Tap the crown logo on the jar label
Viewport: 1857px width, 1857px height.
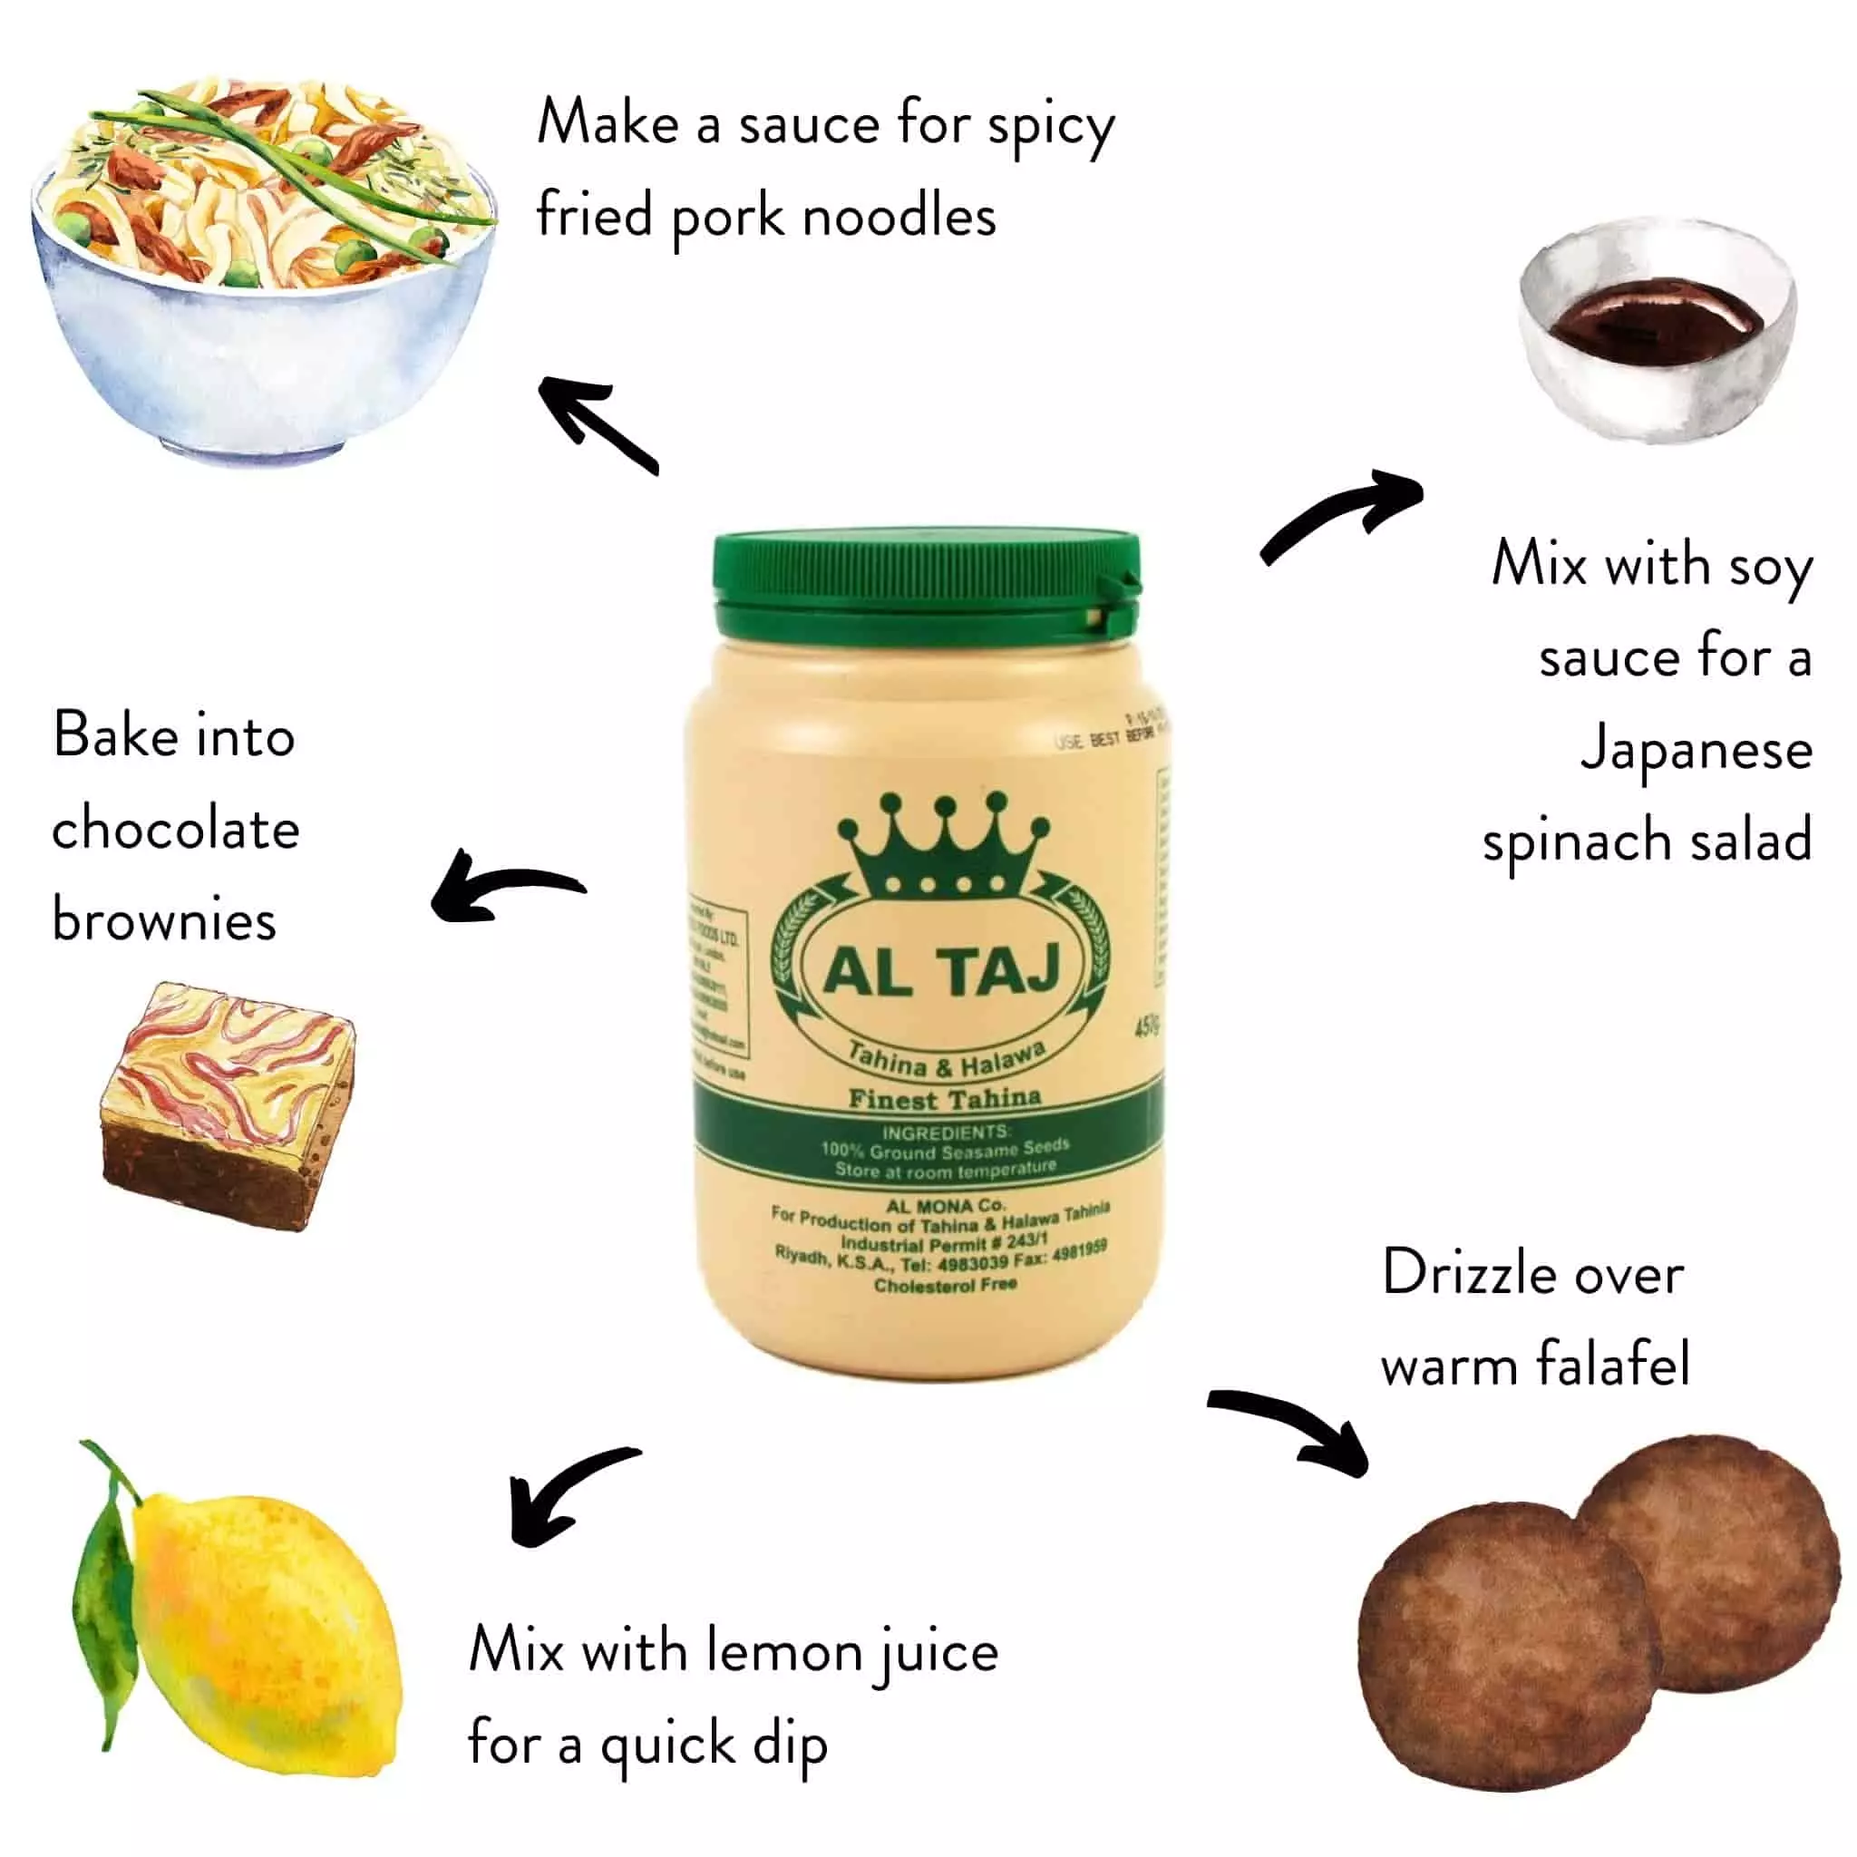(942, 846)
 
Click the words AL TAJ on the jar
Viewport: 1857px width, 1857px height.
(942, 971)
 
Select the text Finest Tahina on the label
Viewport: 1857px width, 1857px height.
(944, 1099)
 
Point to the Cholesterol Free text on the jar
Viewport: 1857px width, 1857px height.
(945, 1285)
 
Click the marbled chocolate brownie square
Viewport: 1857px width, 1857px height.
(228, 1105)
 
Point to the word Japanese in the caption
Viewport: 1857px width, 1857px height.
(1697, 750)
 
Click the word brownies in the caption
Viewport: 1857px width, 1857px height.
(164, 919)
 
